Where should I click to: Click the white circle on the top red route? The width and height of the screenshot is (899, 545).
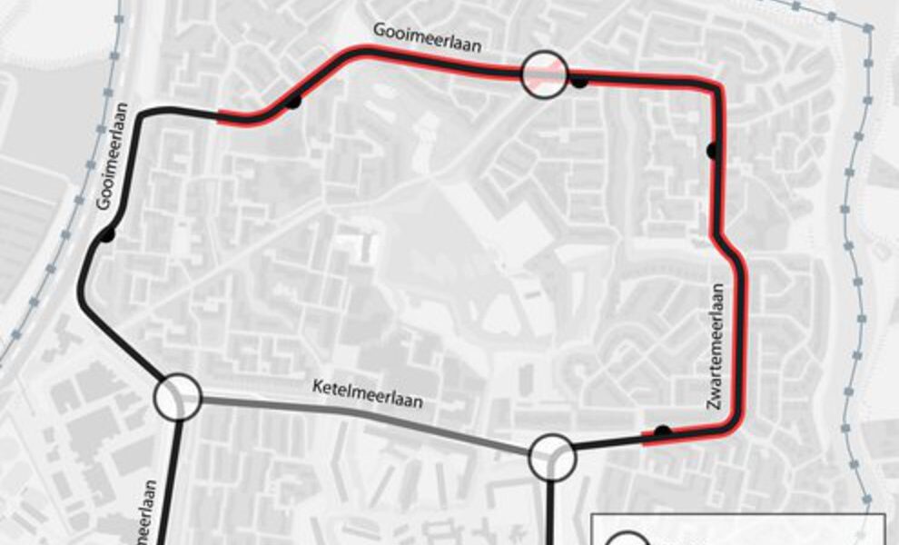pos(544,73)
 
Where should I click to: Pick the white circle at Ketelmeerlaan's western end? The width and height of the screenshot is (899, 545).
pos(177,397)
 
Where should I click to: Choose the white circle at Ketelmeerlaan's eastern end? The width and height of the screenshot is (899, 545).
pos(552,456)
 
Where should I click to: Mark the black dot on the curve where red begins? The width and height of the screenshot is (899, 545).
pos(292,102)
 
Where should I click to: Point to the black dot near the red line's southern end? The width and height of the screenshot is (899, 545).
pos(664,431)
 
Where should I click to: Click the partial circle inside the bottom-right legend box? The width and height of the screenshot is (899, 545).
pos(627,540)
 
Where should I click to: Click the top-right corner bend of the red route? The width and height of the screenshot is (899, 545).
pos(716,85)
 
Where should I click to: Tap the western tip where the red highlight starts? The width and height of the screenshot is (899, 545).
pos(221,116)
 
